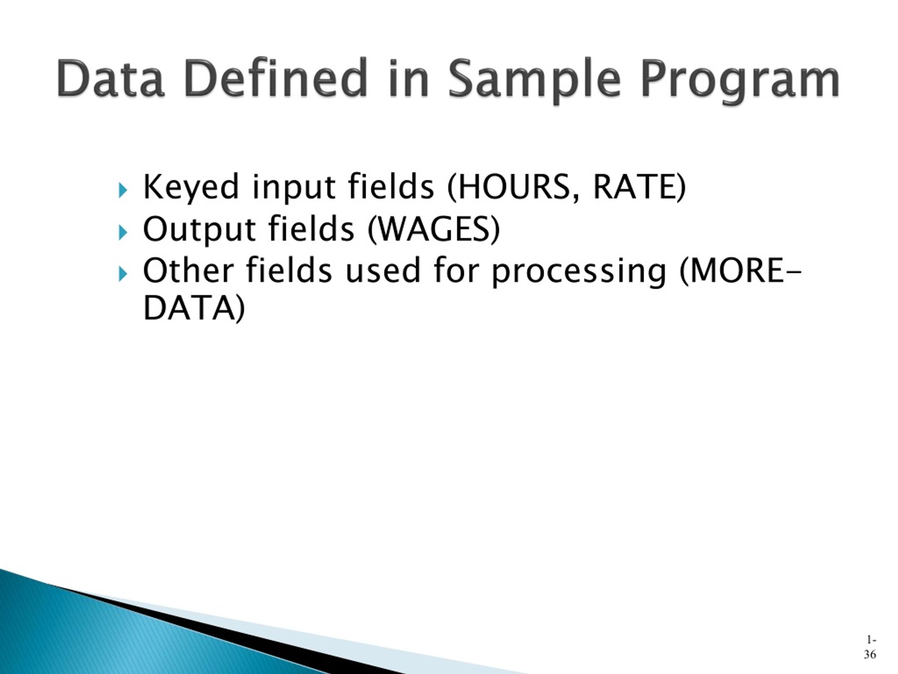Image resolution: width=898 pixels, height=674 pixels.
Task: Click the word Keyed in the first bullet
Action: pyautogui.click(x=191, y=187)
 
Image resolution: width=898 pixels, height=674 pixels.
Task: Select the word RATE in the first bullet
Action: pyautogui.click(x=635, y=186)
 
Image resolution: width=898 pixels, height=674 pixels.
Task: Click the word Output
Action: pyautogui.click(x=199, y=230)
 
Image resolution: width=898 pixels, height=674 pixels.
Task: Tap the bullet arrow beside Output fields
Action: pyautogui.click(x=123, y=232)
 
